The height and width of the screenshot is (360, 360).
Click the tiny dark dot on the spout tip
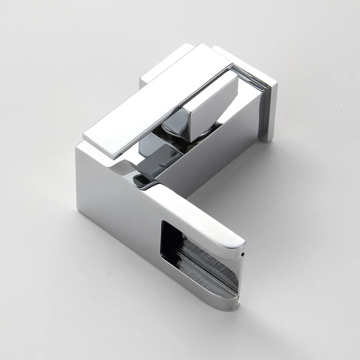pos(243,255)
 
